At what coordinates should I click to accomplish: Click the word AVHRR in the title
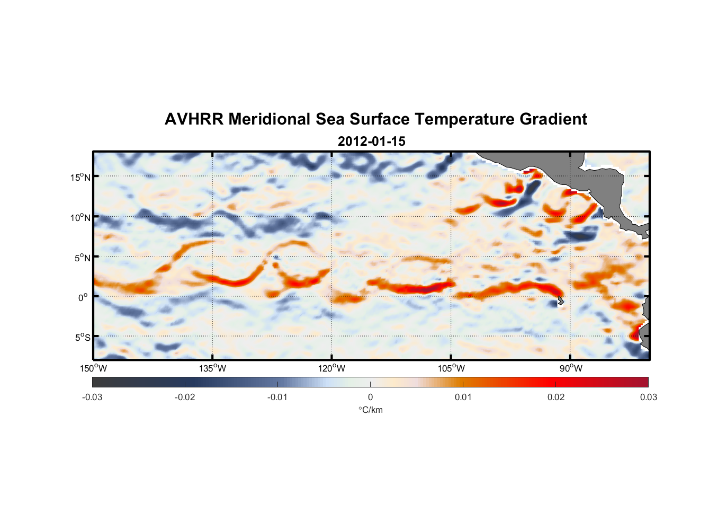(x=194, y=119)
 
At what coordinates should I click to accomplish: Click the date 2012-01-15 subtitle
(x=371, y=142)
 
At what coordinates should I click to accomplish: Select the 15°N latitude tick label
(x=80, y=177)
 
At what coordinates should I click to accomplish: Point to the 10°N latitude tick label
(x=80, y=217)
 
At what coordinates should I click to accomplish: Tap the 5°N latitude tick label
(x=82, y=258)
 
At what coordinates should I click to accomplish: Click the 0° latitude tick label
(x=83, y=297)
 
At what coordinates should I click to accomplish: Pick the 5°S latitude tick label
(x=82, y=337)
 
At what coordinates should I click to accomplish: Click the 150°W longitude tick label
(x=93, y=368)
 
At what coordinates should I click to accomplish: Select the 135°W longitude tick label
(x=212, y=368)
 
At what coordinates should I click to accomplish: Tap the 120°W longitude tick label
(x=331, y=368)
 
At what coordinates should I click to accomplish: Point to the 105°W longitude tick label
(x=451, y=368)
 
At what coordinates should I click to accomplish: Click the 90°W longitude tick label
(x=571, y=368)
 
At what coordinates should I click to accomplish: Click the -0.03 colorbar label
(x=92, y=397)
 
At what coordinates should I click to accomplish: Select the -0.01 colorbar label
(x=277, y=397)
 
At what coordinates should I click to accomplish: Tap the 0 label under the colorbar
(x=370, y=397)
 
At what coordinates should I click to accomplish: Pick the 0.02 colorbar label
(x=556, y=397)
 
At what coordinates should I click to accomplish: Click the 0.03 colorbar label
(x=648, y=397)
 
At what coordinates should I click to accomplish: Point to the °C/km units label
(x=370, y=410)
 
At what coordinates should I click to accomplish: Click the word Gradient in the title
(x=553, y=119)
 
